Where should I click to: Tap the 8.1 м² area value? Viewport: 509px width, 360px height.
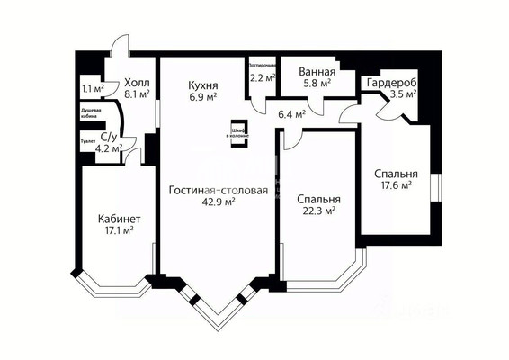(x=138, y=92)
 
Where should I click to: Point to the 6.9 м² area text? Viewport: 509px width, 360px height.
(x=203, y=93)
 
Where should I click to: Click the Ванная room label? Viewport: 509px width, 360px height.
(x=318, y=73)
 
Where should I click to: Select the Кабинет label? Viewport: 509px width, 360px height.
(x=119, y=218)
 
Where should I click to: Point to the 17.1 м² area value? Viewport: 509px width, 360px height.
(x=119, y=230)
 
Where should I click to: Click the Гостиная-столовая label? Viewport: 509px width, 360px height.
(x=218, y=190)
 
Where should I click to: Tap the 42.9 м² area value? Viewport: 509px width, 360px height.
(x=218, y=202)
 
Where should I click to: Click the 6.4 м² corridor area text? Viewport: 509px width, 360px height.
(x=293, y=114)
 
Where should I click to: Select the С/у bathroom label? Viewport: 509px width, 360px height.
(x=109, y=138)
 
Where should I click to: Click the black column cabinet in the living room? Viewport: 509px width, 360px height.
(x=237, y=130)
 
